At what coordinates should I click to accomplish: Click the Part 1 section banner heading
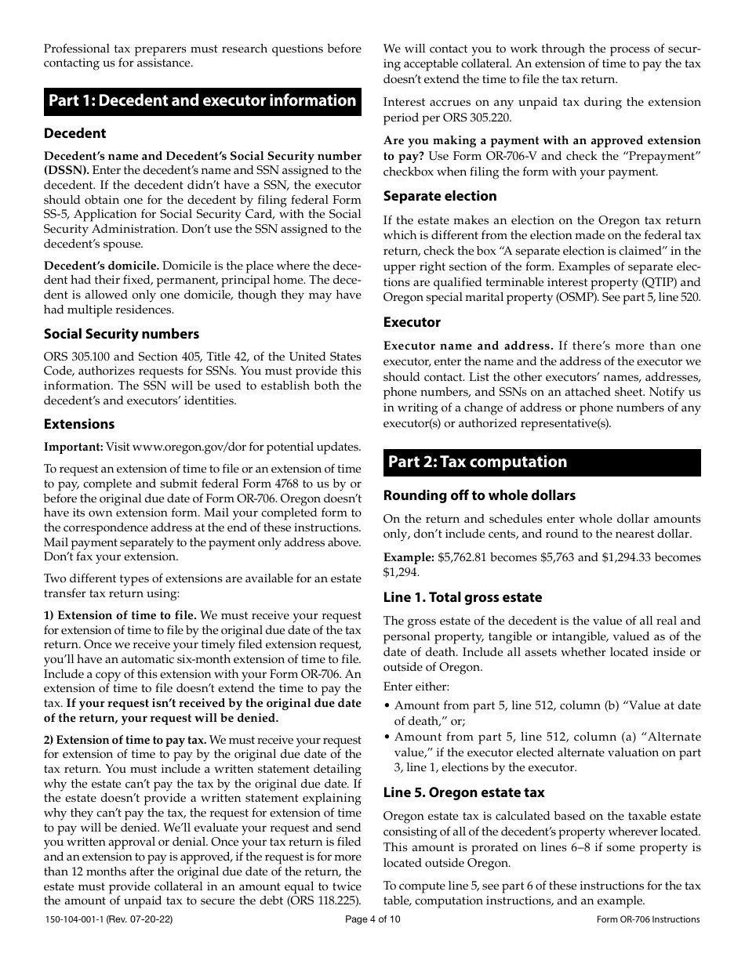[202, 101]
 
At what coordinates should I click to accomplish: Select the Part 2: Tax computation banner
[478, 462]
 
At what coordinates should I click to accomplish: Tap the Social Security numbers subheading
[122, 334]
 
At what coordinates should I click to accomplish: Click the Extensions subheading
[79, 424]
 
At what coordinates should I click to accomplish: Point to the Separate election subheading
[440, 196]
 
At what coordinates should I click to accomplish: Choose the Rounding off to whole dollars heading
[479, 495]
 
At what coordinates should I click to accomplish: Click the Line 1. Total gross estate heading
[463, 597]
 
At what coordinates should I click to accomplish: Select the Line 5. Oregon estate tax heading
[463, 792]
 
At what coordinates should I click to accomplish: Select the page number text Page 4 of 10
[372, 920]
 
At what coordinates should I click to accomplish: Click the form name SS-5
[55, 214]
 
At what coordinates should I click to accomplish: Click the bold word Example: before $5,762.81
[408, 557]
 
